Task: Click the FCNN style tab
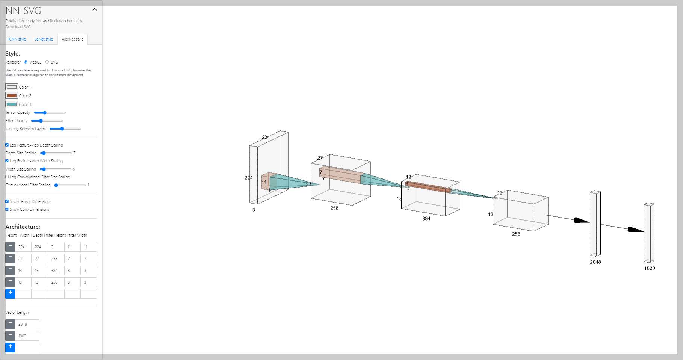click(x=17, y=39)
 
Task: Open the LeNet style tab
click(x=44, y=39)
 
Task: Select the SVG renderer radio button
click(x=47, y=62)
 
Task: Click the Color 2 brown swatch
click(x=12, y=95)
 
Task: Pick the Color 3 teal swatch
click(x=12, y=104)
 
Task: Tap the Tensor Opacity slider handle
click(x=45, y=113)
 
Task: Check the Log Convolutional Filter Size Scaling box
click(x=7, y=177)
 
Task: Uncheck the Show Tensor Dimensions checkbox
click(x=7, y=201)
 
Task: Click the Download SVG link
click(x=18, y=27)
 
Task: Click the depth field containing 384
click(x=56, y=271)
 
